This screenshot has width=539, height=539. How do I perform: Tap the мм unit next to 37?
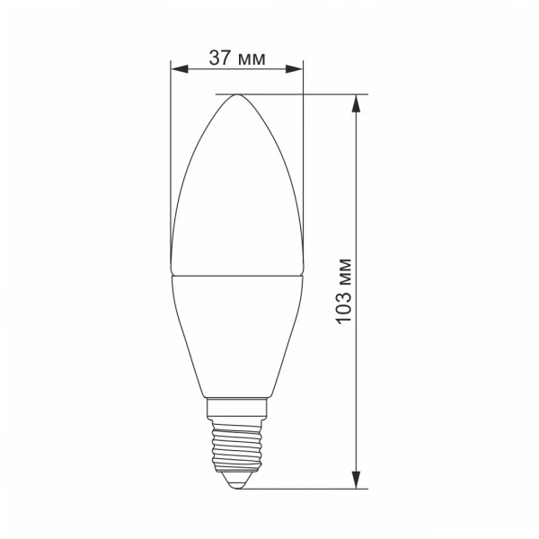click(x=252, y=59)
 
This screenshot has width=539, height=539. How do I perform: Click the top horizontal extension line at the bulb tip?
click(x=296, y=93)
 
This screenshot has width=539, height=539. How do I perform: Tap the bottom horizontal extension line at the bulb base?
click(x=305, y=489)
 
